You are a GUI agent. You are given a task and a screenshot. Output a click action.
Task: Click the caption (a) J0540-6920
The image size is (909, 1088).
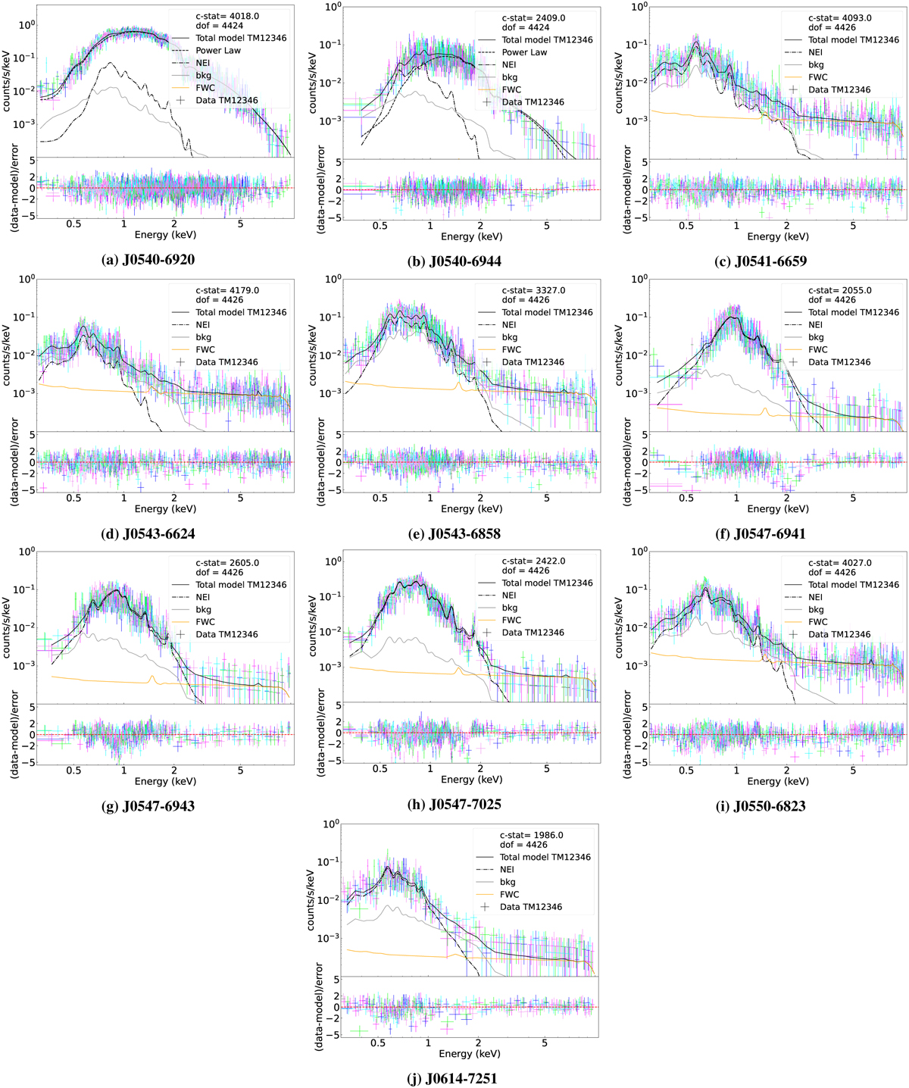[x=148, y=259]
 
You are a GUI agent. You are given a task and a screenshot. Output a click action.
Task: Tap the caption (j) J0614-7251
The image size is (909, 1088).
[x=452, y=1078]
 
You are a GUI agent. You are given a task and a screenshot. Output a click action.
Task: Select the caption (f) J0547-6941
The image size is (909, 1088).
[x=761, y=533]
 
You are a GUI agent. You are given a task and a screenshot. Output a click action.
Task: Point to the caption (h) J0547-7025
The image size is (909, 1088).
[x=454, y=804]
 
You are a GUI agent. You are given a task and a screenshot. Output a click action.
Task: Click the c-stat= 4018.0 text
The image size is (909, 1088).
[x=227, y=16]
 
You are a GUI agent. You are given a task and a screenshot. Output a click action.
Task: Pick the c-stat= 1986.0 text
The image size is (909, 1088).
[x=531, y=835]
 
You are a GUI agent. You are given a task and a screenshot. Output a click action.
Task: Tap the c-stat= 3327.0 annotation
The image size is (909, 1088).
[x=533, y=290]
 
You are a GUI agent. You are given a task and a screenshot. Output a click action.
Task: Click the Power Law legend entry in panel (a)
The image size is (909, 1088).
[x=218, y=51]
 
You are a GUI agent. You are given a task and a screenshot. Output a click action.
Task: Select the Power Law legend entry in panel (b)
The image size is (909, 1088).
[x=524, y=52]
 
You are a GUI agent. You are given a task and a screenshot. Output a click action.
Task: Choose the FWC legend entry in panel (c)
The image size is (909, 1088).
[x=818, y=77]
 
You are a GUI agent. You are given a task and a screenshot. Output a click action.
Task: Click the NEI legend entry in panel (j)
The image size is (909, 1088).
[x=507, y=869]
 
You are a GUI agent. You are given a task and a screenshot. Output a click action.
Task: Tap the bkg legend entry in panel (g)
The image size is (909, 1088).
[x=203, y=609]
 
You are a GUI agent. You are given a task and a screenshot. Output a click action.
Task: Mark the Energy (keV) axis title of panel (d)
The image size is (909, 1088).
[x=166, y=508]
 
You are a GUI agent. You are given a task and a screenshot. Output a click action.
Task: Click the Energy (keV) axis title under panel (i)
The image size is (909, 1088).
[x=778, y=781]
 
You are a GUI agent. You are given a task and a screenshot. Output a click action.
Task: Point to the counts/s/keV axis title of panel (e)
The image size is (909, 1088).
[x=313, y=355]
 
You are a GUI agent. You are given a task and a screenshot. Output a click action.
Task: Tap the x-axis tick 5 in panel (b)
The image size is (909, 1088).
[x=546, y=226]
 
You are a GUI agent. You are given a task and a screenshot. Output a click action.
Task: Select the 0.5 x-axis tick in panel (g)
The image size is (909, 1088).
[x=73, y=771]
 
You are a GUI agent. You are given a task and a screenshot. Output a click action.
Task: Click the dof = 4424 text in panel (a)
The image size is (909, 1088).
[x=220, y=26]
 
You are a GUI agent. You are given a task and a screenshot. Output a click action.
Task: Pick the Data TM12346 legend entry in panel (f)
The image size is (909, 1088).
[x=839, y=362]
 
